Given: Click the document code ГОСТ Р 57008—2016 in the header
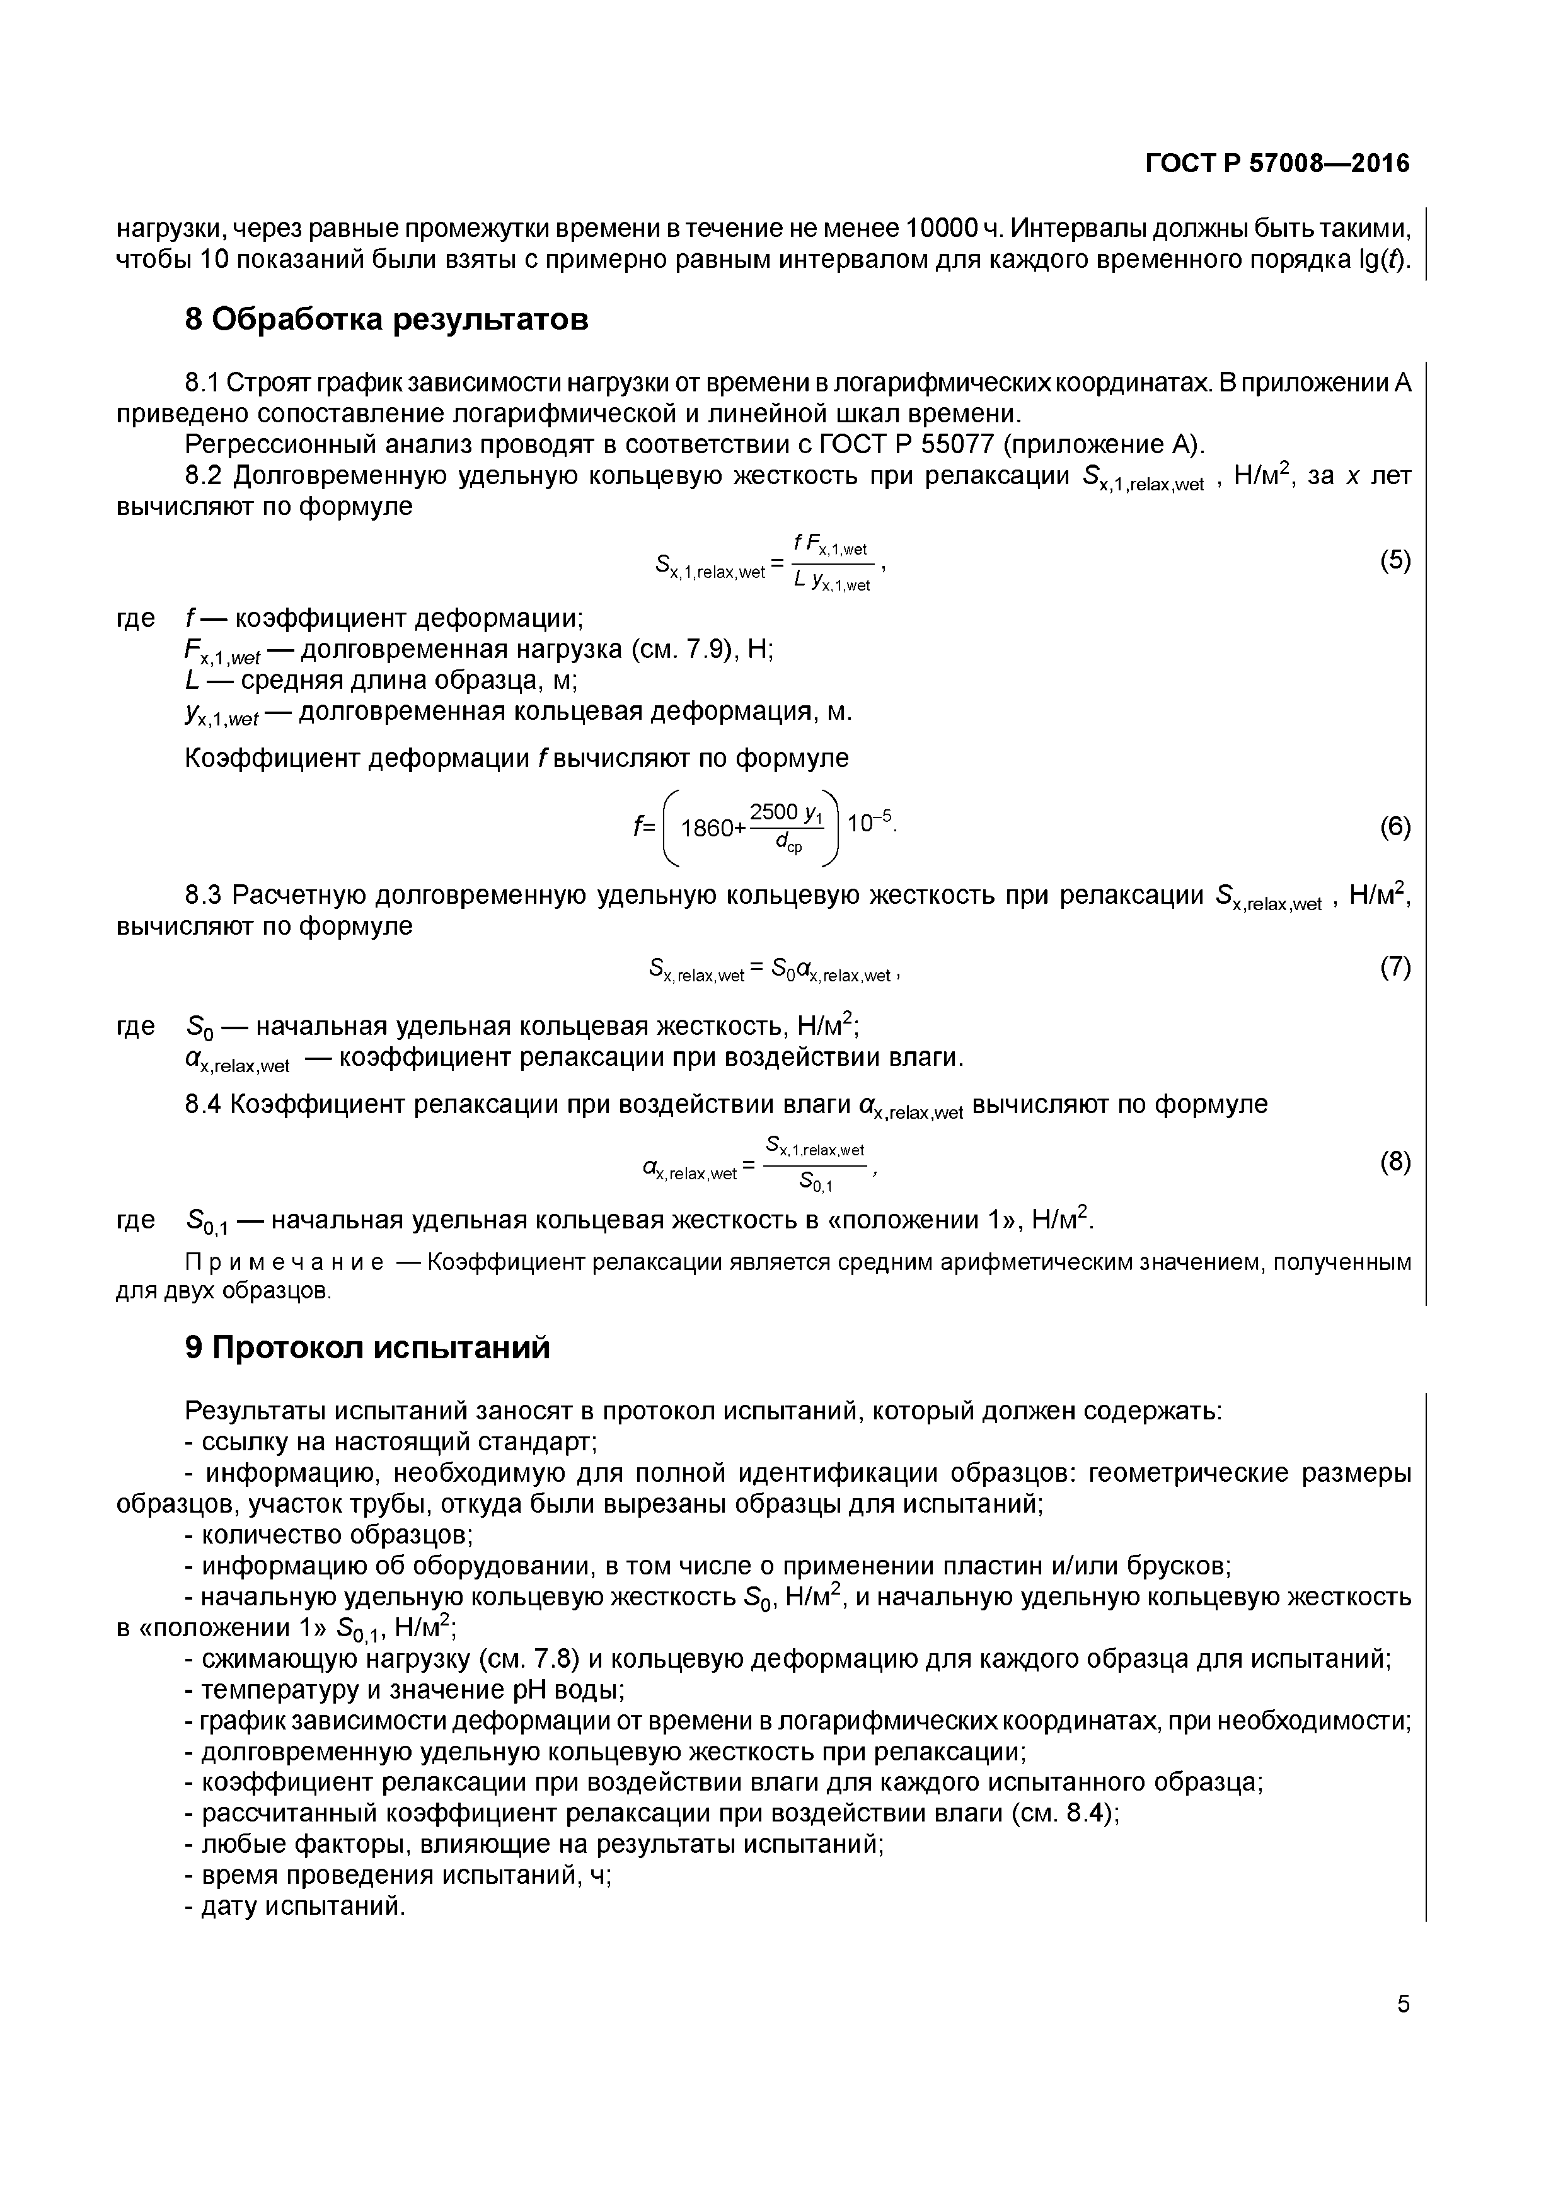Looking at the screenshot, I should tap(1277, 165).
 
